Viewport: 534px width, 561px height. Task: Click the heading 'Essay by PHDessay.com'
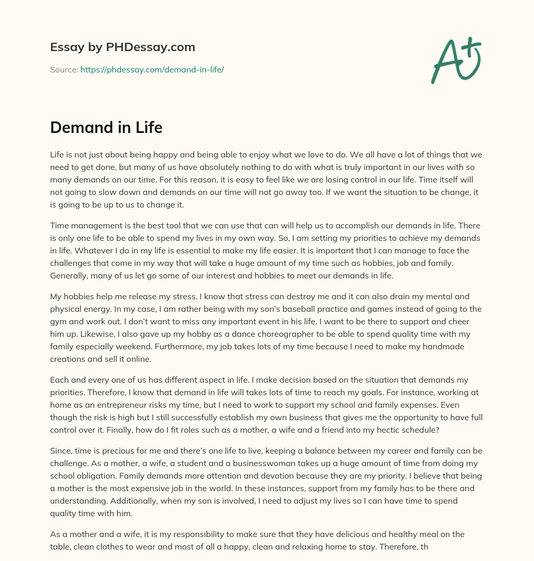pos(123,47)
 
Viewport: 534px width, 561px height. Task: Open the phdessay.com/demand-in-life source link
pos(152,69)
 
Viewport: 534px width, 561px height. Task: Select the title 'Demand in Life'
pos(106,128)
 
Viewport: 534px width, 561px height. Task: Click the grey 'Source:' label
pos(64,69)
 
